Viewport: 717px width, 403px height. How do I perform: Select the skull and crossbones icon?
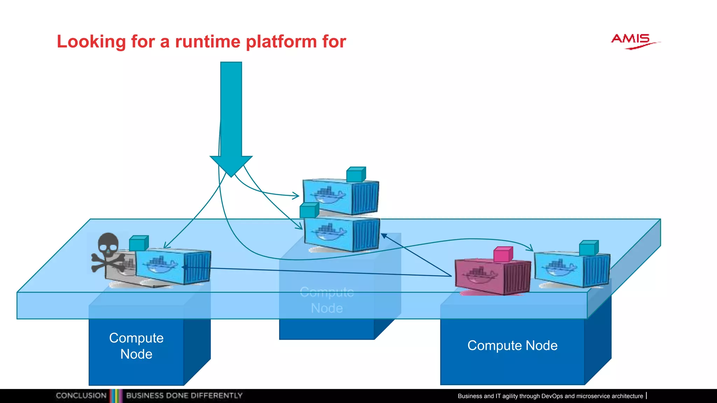click(108, 252)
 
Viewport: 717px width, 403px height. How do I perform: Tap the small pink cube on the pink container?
click(503, 254)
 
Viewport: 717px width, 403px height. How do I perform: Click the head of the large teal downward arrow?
click(231, 164)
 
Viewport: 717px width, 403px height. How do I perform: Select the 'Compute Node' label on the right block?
click(512, 346)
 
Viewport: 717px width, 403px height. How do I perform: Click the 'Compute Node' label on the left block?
click(136, 346)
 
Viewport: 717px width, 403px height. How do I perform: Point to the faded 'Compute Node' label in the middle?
click(327, 300)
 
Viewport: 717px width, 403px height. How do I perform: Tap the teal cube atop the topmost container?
click(356, 174)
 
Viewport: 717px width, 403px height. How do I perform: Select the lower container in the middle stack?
click(341, 234)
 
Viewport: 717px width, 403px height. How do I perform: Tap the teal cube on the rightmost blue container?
click(589, 248)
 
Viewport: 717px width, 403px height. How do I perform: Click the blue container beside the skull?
click(173, 267)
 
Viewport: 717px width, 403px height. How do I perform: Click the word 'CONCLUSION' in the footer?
click(81, 396)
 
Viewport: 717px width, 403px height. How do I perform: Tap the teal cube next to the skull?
click(139, 243)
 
